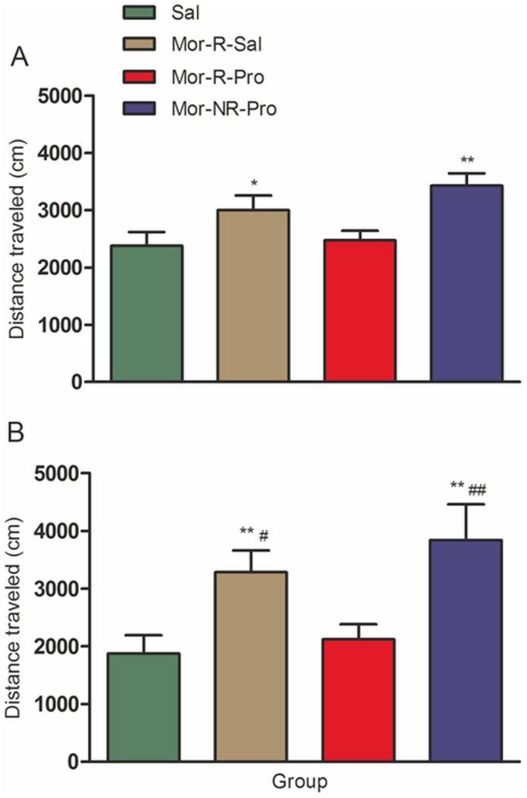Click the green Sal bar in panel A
point(146,313)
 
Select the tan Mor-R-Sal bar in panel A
point(253,295)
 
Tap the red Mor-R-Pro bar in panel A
point(360,311)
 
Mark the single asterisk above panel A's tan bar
point(253,182)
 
